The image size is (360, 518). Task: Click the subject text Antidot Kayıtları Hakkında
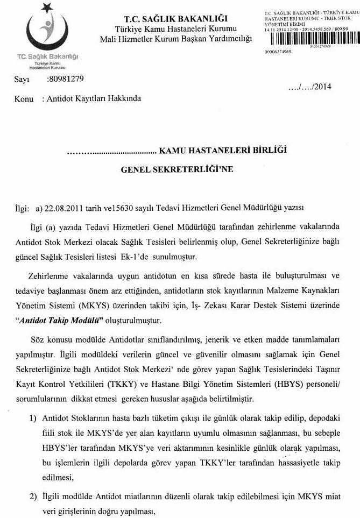point(94,99)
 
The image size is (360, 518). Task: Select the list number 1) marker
point(33,418)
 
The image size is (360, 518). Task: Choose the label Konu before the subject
point(24,99)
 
